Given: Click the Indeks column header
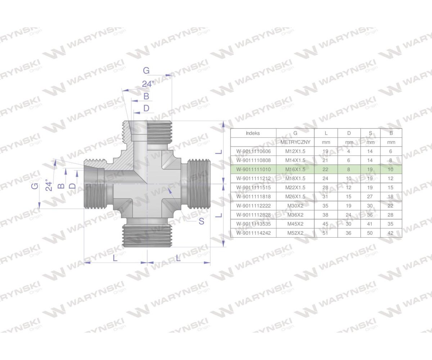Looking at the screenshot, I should pyautogui.click(x=253, y=133).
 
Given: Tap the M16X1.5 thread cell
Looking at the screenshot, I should pyautogui.click(x=295, y=169).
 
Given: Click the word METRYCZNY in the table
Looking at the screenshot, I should pyautogui.click(x=295, y=142).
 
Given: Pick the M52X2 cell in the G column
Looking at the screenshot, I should pyautogui.click(x=295, y=233).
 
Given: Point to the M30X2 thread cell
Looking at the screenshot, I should pyautogui.click(x=295, y=206).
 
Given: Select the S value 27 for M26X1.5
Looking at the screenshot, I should pyautogui.click(x=370, y=197).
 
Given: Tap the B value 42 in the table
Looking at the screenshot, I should pyautogui.click(x=391, y=233).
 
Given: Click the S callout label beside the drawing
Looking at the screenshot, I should pyautogui.click(x=201, y=221).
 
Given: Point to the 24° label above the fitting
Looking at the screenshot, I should pyautogui.click(x=148, y=84).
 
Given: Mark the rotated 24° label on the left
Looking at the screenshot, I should pyautogui.click(x=49, y=185).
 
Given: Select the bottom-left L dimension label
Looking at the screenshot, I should pyautogui.click(x=115, y=258).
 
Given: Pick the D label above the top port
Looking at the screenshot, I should pyautogui.click(x=146, y=108).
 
